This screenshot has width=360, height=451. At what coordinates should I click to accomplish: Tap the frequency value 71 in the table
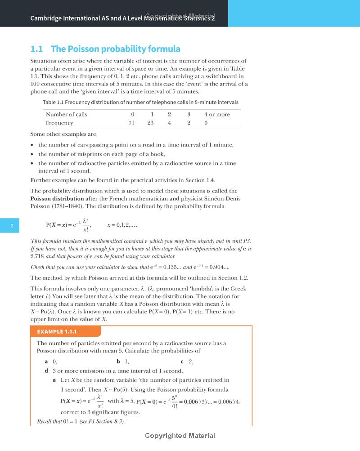click(x=131, y=123)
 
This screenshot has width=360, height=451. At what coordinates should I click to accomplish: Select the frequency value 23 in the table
click(x=150, y=123)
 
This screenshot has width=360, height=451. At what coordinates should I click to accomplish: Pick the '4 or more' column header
click(x=217, y=114)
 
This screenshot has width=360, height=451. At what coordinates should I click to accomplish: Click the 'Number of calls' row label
click(x=66, y=114)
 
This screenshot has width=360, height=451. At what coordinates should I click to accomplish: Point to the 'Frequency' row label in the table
click(x=59, y=123)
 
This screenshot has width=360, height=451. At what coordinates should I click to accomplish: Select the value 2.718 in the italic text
click(x=38, y=256)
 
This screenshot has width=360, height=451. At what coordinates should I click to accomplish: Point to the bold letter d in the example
click(x=46, y=371)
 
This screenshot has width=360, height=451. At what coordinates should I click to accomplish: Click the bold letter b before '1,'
click(x=118, y=362)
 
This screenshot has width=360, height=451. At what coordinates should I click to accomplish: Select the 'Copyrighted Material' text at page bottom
click(x=180, y=436)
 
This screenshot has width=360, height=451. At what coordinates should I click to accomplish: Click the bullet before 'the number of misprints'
click(x=32, y=154)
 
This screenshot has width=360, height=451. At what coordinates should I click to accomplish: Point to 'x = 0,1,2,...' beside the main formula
click(x=121, y=225)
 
